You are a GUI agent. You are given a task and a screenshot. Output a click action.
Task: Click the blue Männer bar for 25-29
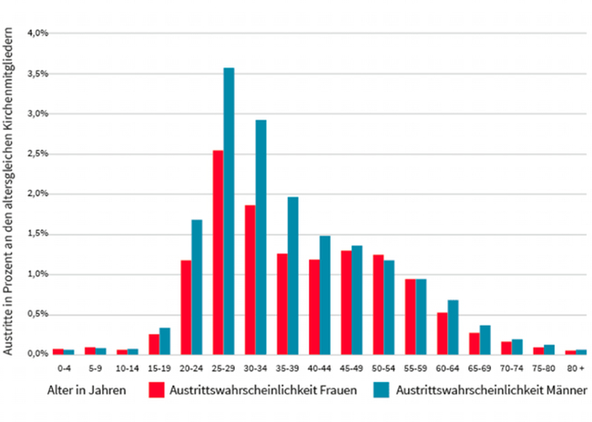point(229,211)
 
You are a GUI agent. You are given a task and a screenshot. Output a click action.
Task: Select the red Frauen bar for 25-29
point(219,253)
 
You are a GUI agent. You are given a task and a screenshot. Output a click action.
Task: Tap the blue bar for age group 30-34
point(260,237)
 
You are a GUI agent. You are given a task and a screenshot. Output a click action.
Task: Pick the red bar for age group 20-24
point(186,307)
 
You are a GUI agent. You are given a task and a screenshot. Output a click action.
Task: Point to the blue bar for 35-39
point(293,276)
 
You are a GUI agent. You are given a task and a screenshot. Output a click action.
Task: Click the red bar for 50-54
point(378,305)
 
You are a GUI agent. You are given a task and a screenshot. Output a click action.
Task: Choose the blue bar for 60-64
point(453,327)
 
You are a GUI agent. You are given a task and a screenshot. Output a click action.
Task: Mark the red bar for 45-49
point(346,303)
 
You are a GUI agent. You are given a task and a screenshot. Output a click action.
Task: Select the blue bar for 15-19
point(165,341)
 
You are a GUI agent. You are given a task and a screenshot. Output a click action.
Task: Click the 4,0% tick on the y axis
point(37,33)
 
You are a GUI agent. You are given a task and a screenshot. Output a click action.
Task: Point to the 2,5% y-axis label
point(37,154)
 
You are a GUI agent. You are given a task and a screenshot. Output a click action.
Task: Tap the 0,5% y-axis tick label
point(37,314)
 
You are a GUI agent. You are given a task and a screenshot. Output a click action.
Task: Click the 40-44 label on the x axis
point(320,368)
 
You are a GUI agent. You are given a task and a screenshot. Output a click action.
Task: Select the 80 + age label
point(576,368)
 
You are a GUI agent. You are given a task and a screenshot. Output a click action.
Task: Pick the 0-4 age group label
point(64,368)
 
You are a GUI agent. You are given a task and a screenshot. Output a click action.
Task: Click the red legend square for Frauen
point(157,390)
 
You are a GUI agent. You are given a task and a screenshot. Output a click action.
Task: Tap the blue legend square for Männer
point(382,390)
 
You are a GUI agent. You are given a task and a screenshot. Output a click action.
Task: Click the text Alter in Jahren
point(87,390)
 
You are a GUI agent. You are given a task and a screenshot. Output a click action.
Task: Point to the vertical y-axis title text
point(7,191)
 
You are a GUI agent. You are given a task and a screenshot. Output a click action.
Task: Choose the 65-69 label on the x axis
point(479,368)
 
